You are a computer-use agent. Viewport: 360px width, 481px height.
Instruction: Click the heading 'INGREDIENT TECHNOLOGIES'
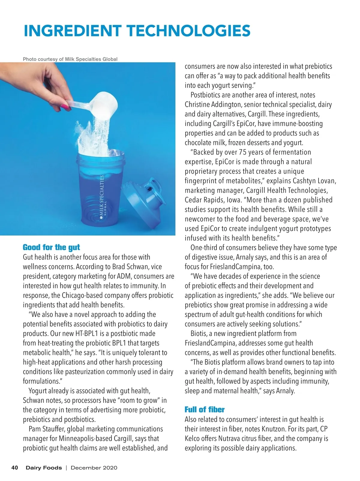[137, 31]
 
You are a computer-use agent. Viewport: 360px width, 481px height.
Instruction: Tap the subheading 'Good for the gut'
[51, 247]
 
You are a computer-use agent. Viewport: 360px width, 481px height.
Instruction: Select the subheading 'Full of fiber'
[204, 410]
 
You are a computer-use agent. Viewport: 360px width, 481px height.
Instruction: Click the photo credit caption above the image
[70, 59]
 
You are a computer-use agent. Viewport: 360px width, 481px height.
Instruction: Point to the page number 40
[15, 467]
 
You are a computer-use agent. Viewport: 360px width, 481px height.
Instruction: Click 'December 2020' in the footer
[94, 467]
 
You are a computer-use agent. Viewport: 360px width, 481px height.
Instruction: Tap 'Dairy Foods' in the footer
[44, 467]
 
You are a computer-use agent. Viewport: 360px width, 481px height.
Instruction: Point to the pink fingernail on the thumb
[65, 106]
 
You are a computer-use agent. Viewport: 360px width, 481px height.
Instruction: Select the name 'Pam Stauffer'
[46, 429]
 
